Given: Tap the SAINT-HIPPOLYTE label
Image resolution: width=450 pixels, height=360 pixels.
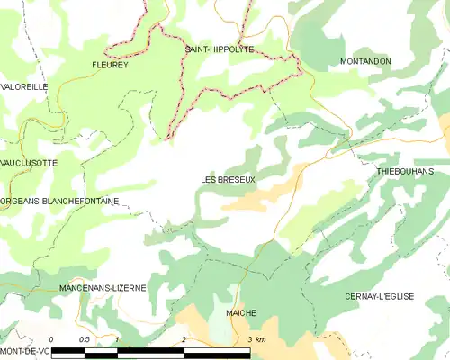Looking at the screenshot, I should coord(219,49).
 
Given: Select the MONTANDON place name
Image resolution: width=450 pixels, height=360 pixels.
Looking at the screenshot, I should coord(365,61).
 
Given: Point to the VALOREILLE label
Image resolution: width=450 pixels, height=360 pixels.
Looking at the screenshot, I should coord(24,86).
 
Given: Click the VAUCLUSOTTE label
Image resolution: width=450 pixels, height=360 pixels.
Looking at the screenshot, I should coord(29,163).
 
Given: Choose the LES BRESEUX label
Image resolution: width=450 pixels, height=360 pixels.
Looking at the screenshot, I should coord(229,180).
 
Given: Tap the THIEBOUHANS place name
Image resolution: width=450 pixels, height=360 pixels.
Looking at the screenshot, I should coord(405,171).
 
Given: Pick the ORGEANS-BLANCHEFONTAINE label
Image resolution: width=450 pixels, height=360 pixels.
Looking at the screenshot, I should coord(60,202).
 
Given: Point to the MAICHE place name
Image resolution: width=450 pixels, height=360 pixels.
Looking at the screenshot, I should coord(241,313).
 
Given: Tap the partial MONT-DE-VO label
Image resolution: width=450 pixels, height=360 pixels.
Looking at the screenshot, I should coord(24,349).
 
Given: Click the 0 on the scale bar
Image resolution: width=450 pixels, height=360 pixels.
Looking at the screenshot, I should coord(52,339).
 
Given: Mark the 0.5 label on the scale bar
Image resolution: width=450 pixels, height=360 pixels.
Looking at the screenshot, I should coord(84,339).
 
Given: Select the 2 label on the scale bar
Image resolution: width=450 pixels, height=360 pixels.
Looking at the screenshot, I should coord(184,339).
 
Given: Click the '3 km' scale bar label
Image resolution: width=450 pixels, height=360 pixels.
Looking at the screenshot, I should coord(256,339).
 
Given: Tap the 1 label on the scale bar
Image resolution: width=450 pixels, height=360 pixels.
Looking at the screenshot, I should coord(118,339).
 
